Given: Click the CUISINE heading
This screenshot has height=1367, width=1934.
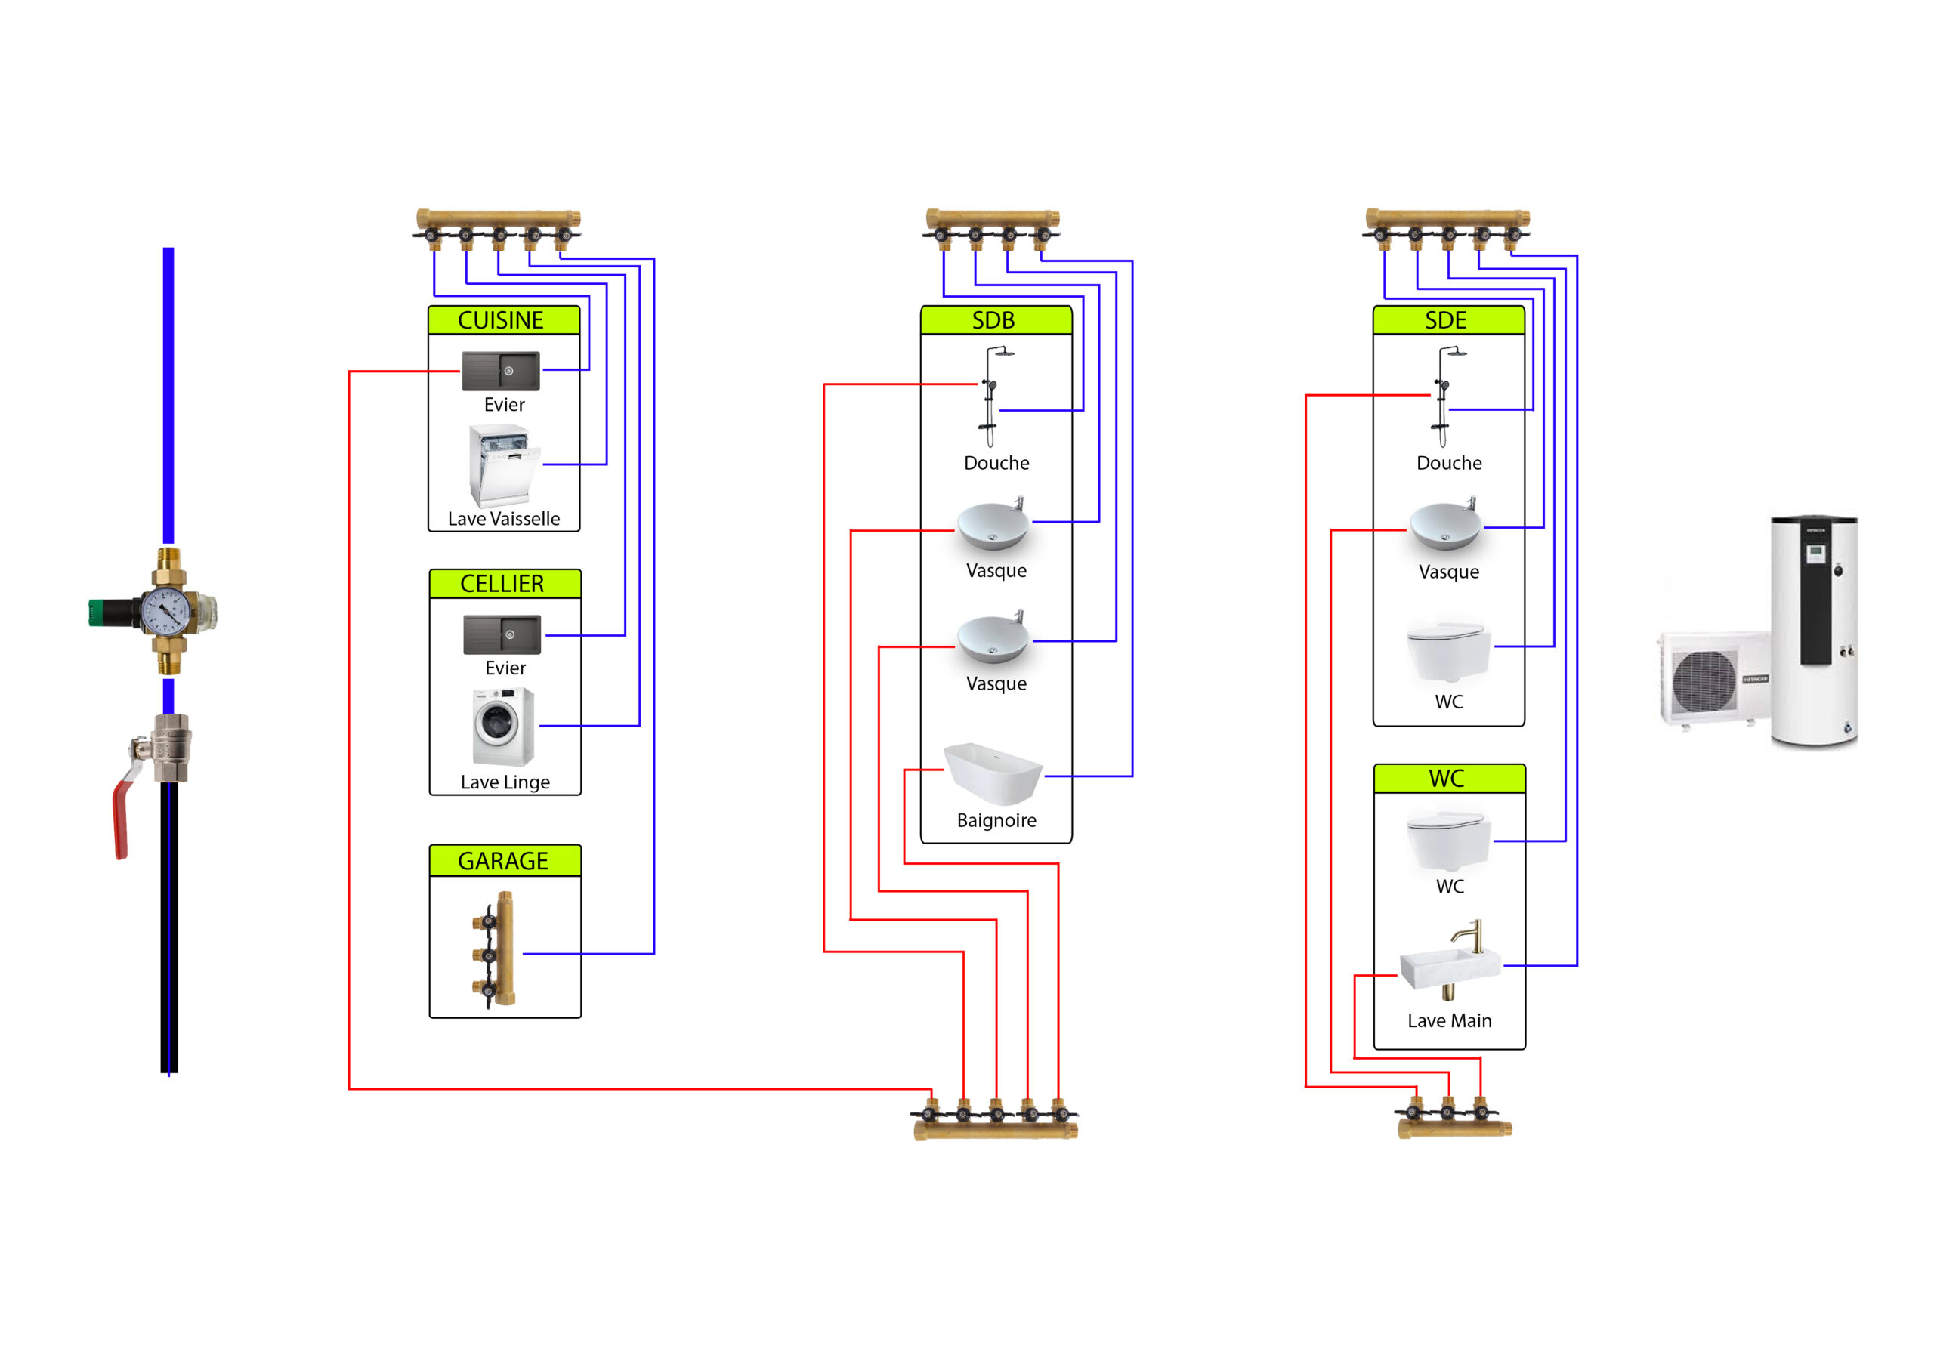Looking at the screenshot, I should click(x=503, y=320).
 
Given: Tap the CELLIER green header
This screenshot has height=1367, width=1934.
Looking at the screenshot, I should click(x=504, y=584).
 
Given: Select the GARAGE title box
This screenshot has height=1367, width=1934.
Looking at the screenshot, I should click(x=504, y=861).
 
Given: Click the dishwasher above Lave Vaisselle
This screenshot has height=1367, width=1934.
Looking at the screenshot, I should click(x=504, y=465).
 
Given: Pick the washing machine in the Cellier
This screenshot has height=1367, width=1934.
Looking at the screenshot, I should click(x=503, y=726).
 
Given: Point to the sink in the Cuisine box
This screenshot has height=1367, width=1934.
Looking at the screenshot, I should click(x=500, y=371).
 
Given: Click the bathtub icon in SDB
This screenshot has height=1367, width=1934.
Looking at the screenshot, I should click(x=993, y=773).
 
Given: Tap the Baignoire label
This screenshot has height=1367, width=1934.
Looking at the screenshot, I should click(x=996, y=820).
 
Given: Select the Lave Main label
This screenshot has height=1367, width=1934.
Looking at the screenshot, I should click(x=1449, y=1021).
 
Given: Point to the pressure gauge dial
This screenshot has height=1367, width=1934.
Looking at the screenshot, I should click(x=165, y=612).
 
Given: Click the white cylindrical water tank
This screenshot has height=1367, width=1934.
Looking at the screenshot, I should click(x=1815, y=631).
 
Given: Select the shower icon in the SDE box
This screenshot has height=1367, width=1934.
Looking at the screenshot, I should click(x=1444, y=396).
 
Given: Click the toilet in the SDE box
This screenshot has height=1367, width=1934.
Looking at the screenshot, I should click(x=1447, y=651).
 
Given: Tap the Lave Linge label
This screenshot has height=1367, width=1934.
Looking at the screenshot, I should click(x=505, y=782).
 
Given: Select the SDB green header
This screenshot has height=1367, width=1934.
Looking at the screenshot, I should click(x=996, y=320).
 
